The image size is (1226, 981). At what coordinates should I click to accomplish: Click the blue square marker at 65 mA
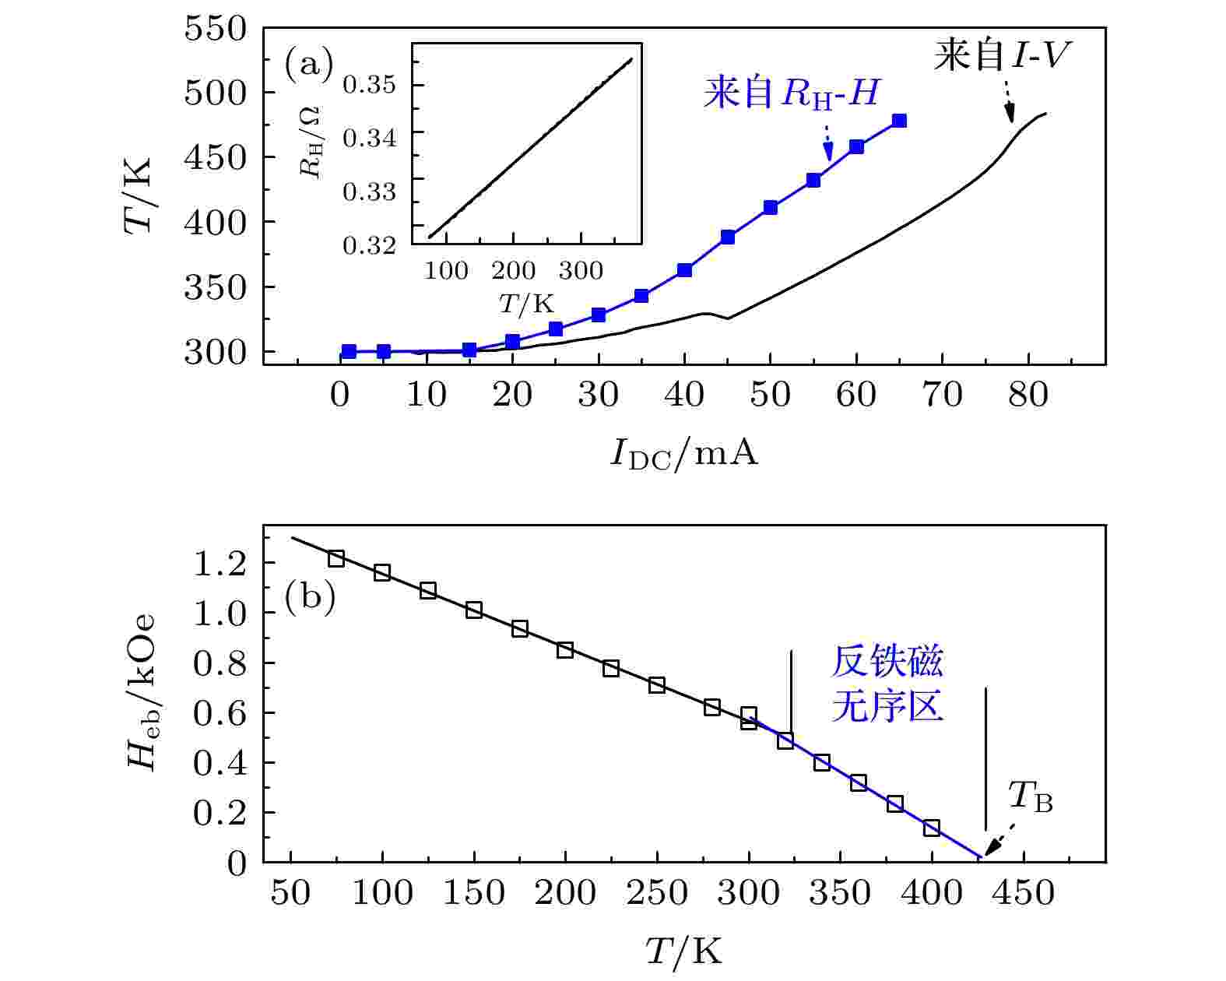tap(899, 121)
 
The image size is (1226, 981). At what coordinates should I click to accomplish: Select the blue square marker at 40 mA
tap(684, 270)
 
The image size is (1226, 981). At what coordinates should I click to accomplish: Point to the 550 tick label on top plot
tap(216, 29)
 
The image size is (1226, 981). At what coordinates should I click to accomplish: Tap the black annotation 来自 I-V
tap(1003, 55)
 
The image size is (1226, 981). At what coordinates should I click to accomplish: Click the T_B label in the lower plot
tap(1030, 797)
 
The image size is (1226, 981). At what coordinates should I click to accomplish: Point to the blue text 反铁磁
tap(887, 663)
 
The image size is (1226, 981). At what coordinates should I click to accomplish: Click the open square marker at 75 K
tap(336, 558)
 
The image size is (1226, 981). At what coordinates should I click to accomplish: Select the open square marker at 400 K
tap(932, 828)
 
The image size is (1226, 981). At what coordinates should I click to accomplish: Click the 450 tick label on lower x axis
tap(1023, 893)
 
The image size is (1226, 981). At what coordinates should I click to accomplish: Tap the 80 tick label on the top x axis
tap(1028, 396)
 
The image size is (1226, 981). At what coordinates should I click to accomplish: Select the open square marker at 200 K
tap(565, 650)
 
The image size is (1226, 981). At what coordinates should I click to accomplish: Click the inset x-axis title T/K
tap(526, 304)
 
